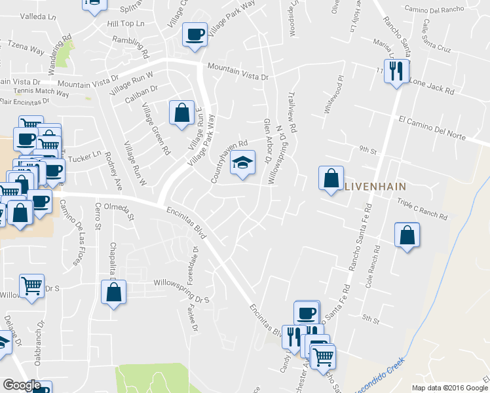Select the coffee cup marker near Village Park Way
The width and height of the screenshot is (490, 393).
[194, 33]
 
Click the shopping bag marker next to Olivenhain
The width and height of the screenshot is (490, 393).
[331, 177]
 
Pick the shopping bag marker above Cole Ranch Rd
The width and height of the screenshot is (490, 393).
[407, 234]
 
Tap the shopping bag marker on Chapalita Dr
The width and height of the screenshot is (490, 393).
[113, 291]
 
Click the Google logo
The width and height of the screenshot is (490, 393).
[22, 385]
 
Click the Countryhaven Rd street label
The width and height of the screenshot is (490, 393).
[229, 160]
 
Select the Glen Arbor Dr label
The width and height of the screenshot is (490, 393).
[267, 141]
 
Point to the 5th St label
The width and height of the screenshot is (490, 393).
[371, 320]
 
